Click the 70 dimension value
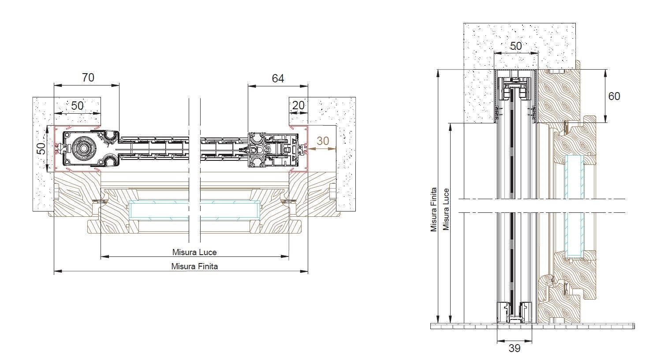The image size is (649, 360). click(88, 78)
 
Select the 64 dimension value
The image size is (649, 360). click(278, 78)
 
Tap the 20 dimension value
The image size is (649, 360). click(298, 105)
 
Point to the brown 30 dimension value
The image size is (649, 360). click(323, 141)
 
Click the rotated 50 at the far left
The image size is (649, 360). click(41, 149)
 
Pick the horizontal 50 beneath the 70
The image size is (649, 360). click(77, 106)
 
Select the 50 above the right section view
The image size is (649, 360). click(515, 46)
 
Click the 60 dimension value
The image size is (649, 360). click(614, 96)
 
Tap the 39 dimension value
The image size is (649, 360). click(514, 349)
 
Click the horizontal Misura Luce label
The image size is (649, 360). click(194, 252)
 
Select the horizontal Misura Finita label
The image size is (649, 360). click(194, 266)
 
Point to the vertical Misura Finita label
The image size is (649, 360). click(434, 209)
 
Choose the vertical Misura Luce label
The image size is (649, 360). click(446, 209)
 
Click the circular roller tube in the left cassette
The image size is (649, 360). click(82, 149)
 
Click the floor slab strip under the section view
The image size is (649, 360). click(531, 326)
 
